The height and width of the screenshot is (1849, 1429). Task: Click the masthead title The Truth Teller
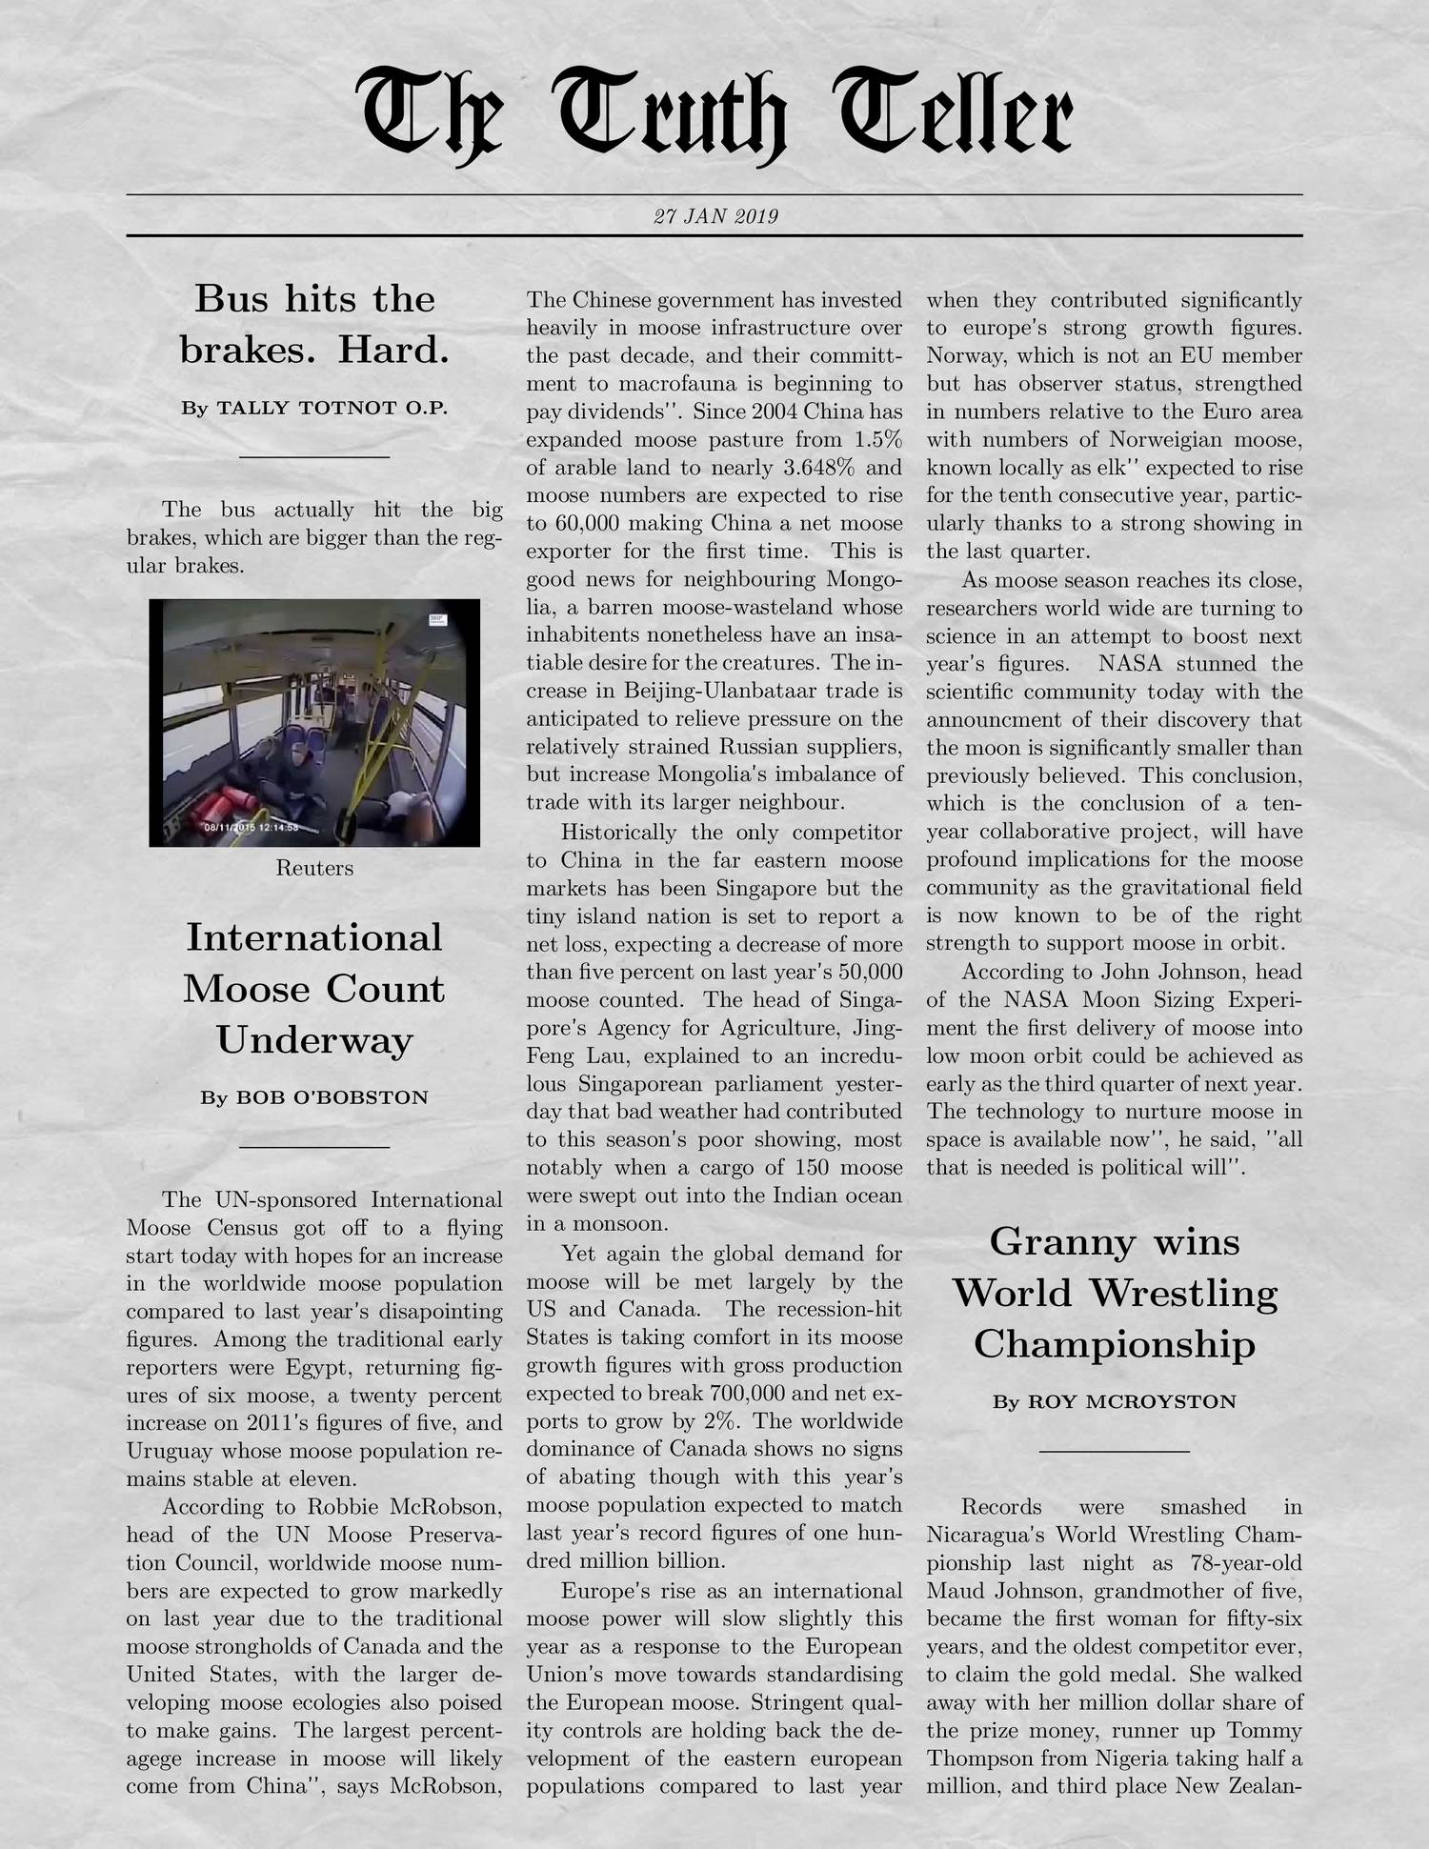[714, 114]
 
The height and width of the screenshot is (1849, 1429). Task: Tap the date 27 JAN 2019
[715, 216]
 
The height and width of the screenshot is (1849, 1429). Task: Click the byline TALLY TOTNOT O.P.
[313, 409]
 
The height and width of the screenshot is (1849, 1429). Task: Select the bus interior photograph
[314, 722]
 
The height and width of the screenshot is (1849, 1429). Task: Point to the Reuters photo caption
[314, 868]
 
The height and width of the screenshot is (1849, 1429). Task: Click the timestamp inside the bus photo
[252, 827]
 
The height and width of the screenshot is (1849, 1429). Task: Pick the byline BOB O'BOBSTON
[313, 1097]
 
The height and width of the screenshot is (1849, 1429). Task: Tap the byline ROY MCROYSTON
[1114, 1401]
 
